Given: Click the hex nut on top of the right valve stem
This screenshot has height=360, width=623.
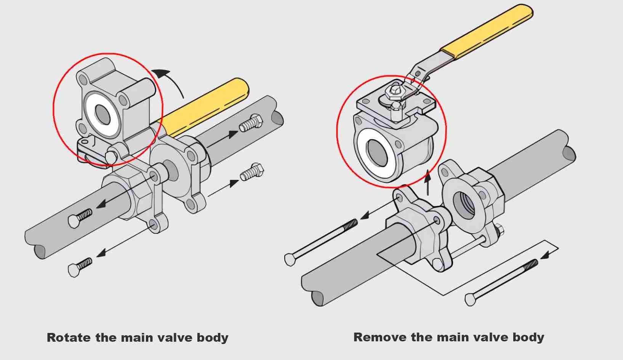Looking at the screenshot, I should pos(393,91).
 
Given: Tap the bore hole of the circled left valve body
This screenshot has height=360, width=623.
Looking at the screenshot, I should pos(102,114).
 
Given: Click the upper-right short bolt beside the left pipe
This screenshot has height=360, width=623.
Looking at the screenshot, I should pos(251,123).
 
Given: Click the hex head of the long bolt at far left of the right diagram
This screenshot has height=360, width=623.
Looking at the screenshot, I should pos(291,259).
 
